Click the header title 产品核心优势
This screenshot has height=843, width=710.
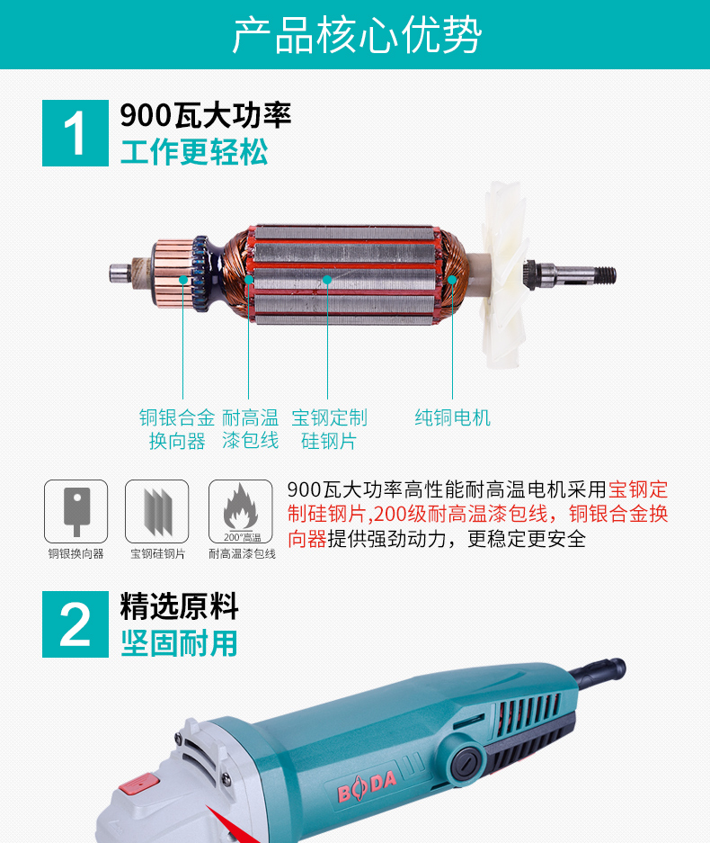(357, 35)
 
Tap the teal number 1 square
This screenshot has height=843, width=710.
(75, 133)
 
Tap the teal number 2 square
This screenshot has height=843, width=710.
(75, 624)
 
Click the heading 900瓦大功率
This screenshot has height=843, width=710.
(205, 115)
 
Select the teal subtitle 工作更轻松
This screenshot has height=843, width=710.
(194, 152)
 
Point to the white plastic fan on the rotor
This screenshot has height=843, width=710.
(504, 274)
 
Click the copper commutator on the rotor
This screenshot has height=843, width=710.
(173, 274)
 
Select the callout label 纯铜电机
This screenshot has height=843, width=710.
(452, 417)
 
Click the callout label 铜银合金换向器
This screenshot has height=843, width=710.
(177, 429)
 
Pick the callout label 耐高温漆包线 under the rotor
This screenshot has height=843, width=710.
(250, 429)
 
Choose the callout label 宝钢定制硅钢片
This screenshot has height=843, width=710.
(329, 429)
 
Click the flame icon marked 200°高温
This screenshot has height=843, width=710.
(241, 511)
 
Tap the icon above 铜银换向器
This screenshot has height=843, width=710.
(75, 511)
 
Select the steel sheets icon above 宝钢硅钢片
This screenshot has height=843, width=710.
(156, 511)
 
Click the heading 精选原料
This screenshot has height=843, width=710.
(179, 606)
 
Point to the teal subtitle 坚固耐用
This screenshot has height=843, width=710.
(179, 643)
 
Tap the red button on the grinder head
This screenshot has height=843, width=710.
(139, 784)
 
